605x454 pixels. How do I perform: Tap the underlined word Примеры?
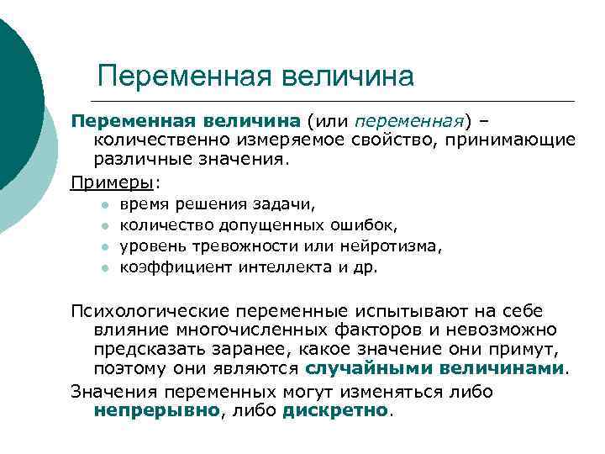[x=113, y=182]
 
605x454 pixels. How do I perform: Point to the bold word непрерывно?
[x=156, y=411]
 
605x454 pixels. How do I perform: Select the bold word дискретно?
[x=336, y=411]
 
